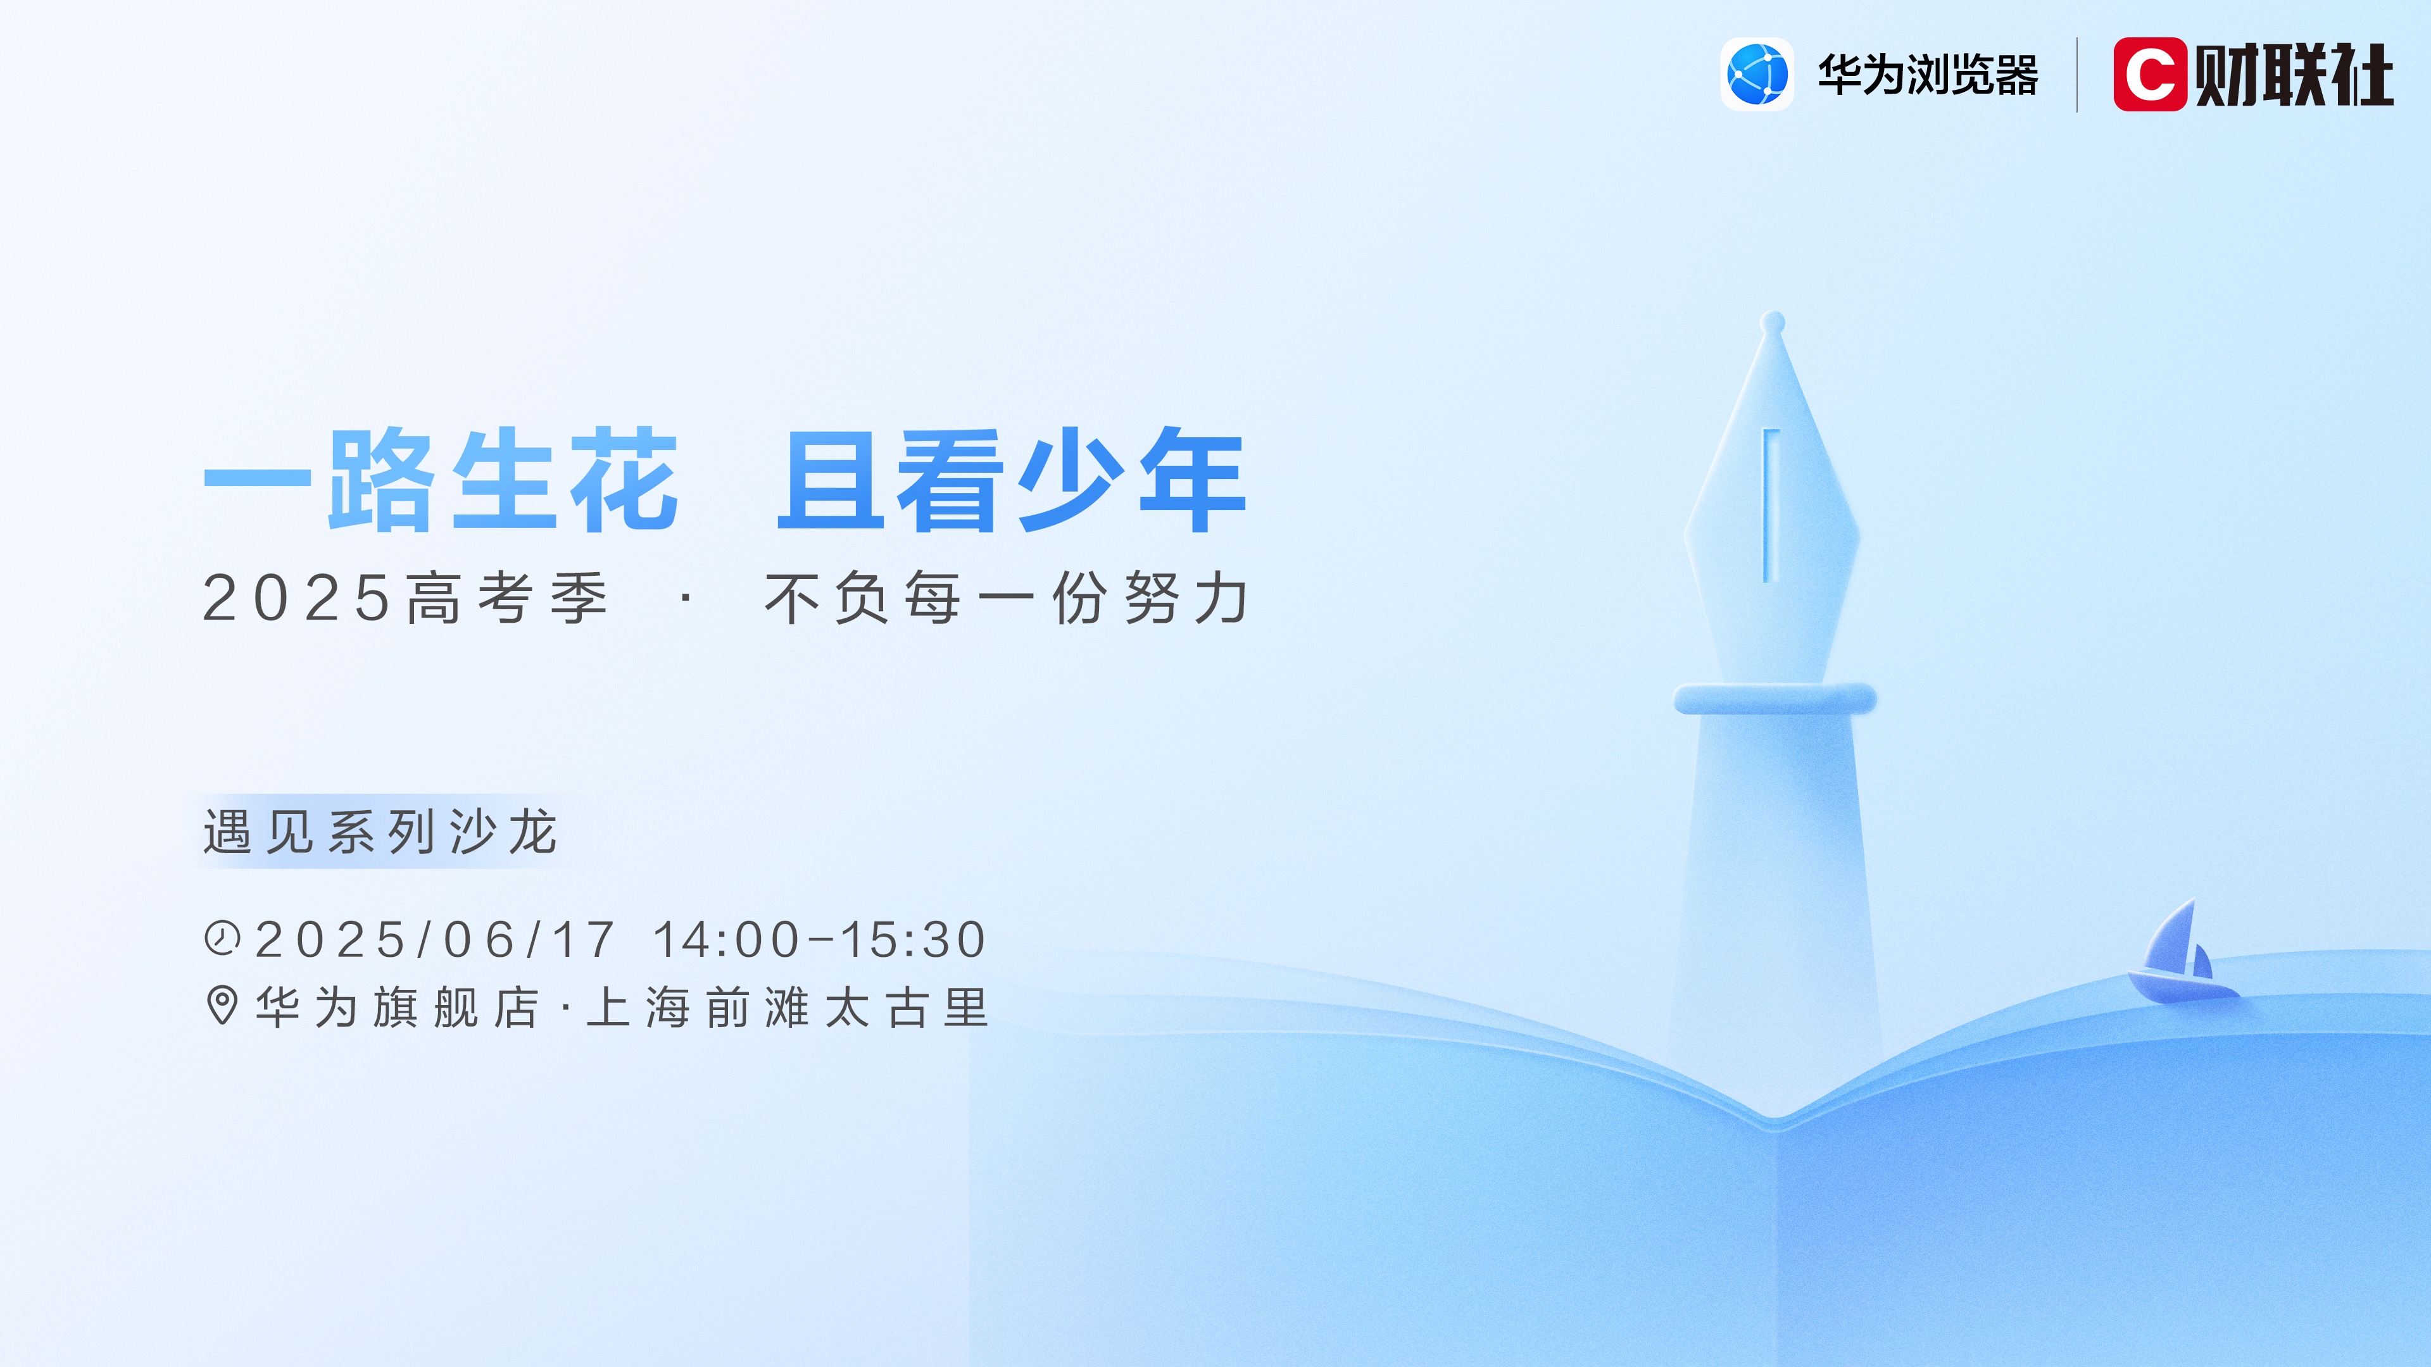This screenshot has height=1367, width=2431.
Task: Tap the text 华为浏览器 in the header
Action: pos(1928,75)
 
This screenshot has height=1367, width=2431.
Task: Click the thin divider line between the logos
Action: pos(2077,75)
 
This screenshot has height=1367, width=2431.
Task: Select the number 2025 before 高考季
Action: pos(296,598)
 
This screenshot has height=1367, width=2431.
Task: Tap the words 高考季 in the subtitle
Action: pos(508,598)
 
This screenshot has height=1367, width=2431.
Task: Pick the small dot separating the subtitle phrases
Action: pos(686,598)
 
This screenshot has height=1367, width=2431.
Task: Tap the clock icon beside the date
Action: pos(223,939)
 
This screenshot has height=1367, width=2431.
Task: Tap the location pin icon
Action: pos(222,1006)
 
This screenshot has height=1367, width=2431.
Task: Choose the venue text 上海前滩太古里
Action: pos(788,1008)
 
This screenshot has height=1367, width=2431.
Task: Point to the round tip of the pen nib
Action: pos(1773,321)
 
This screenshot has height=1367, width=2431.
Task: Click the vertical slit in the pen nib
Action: pos(1771,505)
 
